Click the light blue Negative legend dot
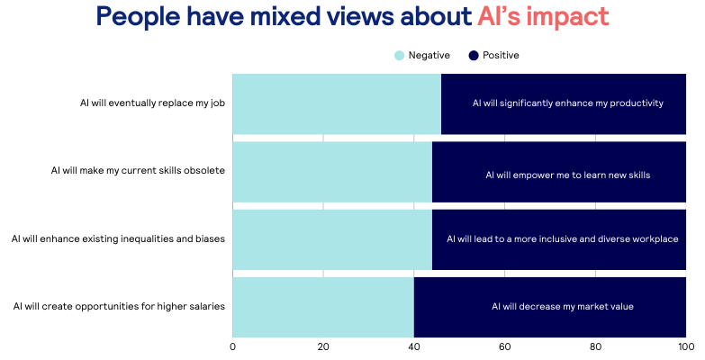pyautogui.click(x=400, y=56)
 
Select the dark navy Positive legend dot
pyautogui.click(x=474, y=56)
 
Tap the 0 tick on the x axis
pyautogui.click(x=233, y=346)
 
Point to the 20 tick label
pyautogui.click(x=323, y=346)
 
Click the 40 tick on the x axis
pyautogui.click(x=414, y=346)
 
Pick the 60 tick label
pyautogui.click(x=504, y=346)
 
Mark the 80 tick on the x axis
pyautogui.click(x=595, y=346)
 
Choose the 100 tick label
pyautogui.click(x=685, y=346)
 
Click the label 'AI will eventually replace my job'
pyautogui.click(x=152, y=103)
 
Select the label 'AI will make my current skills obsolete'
pyautogui.click(x=138, y=170)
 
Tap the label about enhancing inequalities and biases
pyautogui.click(x=118, y=238)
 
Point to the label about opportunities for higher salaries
pyautogui.click(x=119, y=306)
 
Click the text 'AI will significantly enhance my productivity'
pyautogui.click(x=567, y=103)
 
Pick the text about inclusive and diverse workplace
pyautogui.click(x=562, y=238)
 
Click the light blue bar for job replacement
pyautogui.click(x=337, y=103)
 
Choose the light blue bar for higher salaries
pyautogui.click(x=323, y=306)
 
